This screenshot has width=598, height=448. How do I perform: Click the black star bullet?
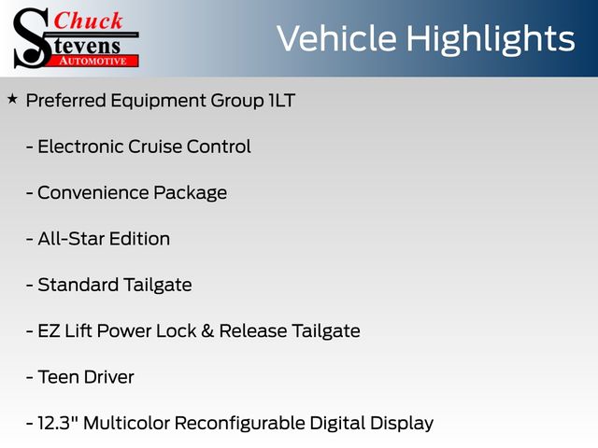pos(12,100)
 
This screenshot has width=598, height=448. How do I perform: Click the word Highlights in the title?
pos(490,39)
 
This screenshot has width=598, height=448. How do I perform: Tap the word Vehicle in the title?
pos(336,38)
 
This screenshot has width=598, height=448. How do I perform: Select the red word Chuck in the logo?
pos(88,21)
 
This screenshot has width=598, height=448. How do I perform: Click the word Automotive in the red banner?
pos(93,61)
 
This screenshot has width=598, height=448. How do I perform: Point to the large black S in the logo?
pos(32,38)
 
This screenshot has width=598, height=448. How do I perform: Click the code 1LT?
pos(282,101)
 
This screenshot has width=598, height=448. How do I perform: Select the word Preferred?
pos(66,101)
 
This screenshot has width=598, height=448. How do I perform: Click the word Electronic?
pos(80,147)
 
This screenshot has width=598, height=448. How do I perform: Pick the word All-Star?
pos(71,239)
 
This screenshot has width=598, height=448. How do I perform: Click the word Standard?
pos(78,285)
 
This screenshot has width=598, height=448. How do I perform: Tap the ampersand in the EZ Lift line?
pos(207,331)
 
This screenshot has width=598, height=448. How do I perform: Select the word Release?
pos(253,331)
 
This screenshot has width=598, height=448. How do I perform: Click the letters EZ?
pos(49,331)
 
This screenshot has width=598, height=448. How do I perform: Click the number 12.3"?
pos(58,423)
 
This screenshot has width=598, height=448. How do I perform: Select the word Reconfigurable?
pos(240,424)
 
